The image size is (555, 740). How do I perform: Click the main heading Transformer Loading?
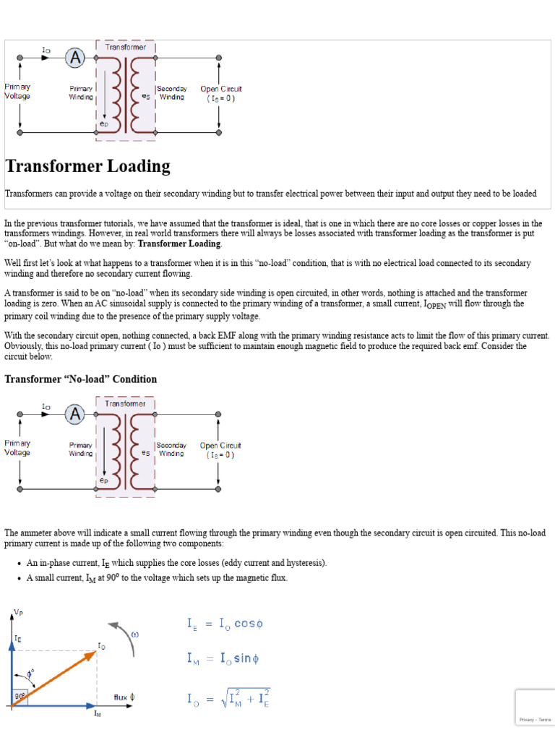tap(87, 166)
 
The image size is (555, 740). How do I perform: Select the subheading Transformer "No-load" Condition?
tap(80, 379)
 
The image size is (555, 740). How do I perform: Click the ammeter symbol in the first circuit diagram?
tap(74, 58)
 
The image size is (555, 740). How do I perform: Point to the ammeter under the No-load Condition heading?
tap(74, 415)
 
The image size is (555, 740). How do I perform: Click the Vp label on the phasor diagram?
tap(17, 614)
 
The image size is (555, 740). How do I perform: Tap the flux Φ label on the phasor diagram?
tap(124, 698)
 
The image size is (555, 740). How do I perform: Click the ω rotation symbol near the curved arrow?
tap(134, 634)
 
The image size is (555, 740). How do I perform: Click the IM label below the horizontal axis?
tap(98, 714)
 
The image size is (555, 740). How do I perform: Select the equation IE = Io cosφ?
tap(225, 624)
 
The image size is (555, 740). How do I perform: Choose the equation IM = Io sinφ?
tap(224, 659)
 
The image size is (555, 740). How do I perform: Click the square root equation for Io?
tap(228, 699)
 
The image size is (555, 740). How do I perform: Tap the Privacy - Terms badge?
tap(535, 719)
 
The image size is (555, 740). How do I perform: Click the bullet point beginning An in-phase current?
tap(176, 563)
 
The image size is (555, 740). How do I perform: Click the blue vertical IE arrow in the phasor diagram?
tap(11, 665)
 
